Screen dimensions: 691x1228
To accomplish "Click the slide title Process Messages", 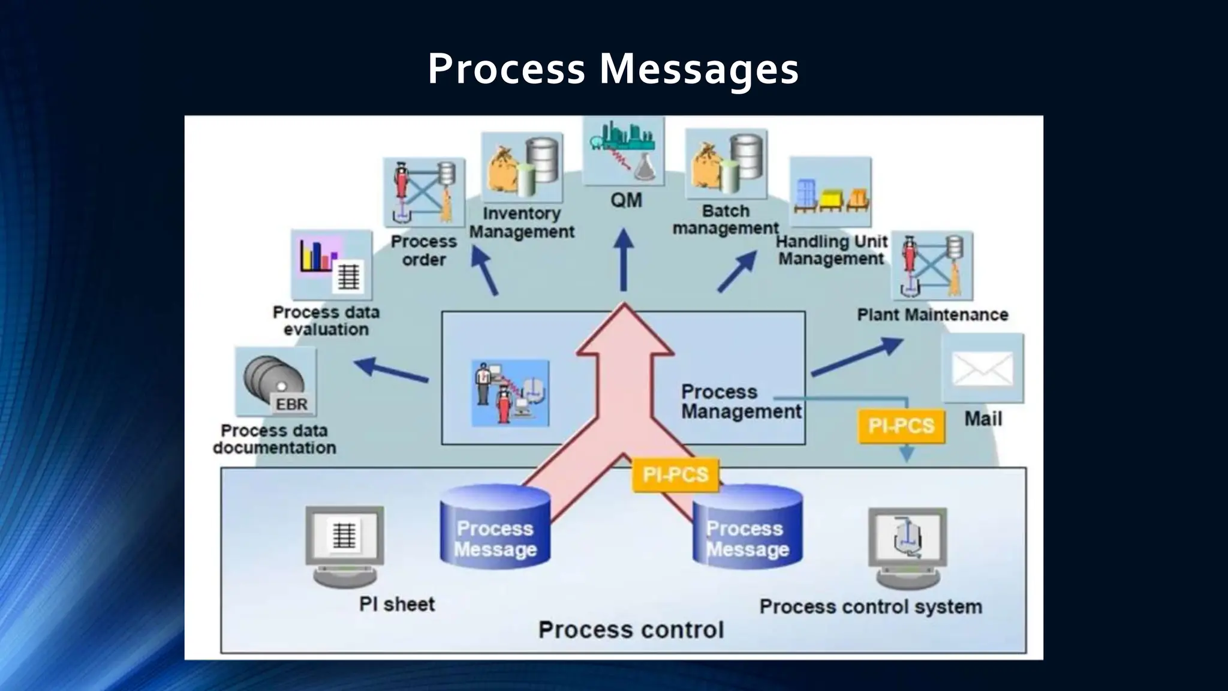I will click(x=613, y=68).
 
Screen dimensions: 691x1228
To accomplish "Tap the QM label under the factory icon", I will click(x=626, y=200).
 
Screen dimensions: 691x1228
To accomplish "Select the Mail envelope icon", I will click(x=982, y=369).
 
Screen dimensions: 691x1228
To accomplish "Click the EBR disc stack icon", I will click(x=276, y=382).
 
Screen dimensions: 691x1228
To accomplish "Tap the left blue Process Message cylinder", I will click(x=495, y=527).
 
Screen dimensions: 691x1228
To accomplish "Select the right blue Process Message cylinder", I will click(x=747, y=527).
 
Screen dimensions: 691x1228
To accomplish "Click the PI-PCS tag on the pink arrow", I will click(x=676, y=475).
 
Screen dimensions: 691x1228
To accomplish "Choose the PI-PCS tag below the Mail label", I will click(x=901, y=426).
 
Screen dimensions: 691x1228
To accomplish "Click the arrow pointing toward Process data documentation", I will click(x=391, y=369).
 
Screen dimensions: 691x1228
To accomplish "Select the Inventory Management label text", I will click(x=522, y=223).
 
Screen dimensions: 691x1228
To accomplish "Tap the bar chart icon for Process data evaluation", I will click(x=332, y=265).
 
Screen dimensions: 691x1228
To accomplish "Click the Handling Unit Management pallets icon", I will click(x=830, y=192).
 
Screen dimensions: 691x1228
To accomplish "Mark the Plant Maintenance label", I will click(x=932, y=314).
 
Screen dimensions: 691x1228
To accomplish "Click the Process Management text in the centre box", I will click(x=741, y=401).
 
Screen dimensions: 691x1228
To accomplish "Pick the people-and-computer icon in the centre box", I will click(x=510, y=393).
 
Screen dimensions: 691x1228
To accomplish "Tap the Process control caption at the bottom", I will click(x=631, y=630).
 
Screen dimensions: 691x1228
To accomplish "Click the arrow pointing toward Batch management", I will click(x=738, y=271).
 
